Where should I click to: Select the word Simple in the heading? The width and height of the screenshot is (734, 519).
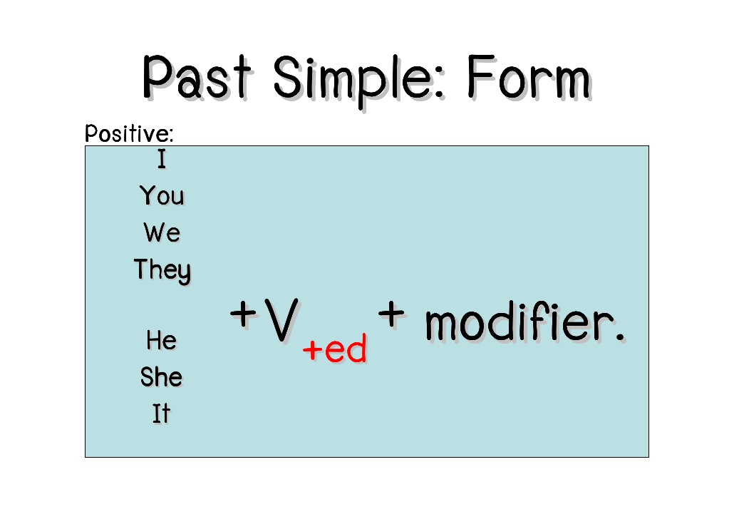pos(361,78)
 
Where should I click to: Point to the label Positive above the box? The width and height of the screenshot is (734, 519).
pos(129,133)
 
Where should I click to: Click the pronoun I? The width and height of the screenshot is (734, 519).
pos(162,160)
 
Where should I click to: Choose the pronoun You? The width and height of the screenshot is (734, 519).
pos(162,195)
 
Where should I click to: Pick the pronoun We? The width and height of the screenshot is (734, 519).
pos(162,232)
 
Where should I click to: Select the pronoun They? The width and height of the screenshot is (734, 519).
pos(162,270)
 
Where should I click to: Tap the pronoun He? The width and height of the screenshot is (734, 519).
pos(161,340)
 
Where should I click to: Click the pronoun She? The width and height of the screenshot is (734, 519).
pos(161,376)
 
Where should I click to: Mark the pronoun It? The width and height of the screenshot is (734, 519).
pos(161,413)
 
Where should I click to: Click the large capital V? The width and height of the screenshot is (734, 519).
pos(280,320)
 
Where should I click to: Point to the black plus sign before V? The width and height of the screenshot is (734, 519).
pos(243,314)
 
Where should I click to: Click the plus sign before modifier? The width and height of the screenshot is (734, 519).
pos(392,313)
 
